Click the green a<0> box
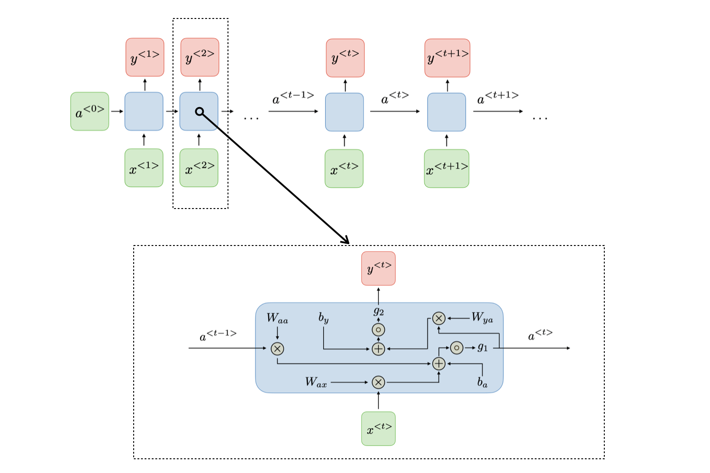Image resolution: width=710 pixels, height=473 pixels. click(x=90, y=111)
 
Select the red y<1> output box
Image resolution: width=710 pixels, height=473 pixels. click(x=145, y=57)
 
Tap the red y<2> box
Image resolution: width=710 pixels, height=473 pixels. click(x=200, y=57)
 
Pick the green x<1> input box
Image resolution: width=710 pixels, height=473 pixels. click(x=144, y=168)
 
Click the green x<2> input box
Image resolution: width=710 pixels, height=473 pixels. click(x=199, y=168)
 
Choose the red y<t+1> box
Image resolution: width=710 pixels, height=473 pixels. click(x=447, y=58)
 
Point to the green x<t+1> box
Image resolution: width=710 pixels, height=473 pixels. click(x=446, y=169)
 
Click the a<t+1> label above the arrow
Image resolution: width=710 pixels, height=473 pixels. click(x=497, y=97)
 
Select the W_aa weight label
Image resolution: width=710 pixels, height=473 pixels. click(x=277, y=318)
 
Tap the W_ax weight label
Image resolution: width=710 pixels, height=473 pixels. click(x=316, y=382)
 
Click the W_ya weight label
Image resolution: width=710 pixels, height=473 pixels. click(x=482, y=318)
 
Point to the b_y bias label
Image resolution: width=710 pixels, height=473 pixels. click(x=324, y=318)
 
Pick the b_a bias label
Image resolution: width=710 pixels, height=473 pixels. click(x=482, y=382)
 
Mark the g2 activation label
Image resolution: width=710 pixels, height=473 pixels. click(x=378, y=311)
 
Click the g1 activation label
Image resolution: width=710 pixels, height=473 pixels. click(x=482, y=347)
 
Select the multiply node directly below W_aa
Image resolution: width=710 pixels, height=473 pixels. click(x=277, y=349)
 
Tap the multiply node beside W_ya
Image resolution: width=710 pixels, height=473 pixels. click(x=439, y=318)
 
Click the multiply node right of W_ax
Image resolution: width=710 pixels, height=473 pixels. click(x=378, y=382)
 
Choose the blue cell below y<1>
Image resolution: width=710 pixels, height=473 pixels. click(x=144, y=111)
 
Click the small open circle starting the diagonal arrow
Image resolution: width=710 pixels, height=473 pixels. click(x=200, y=111)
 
